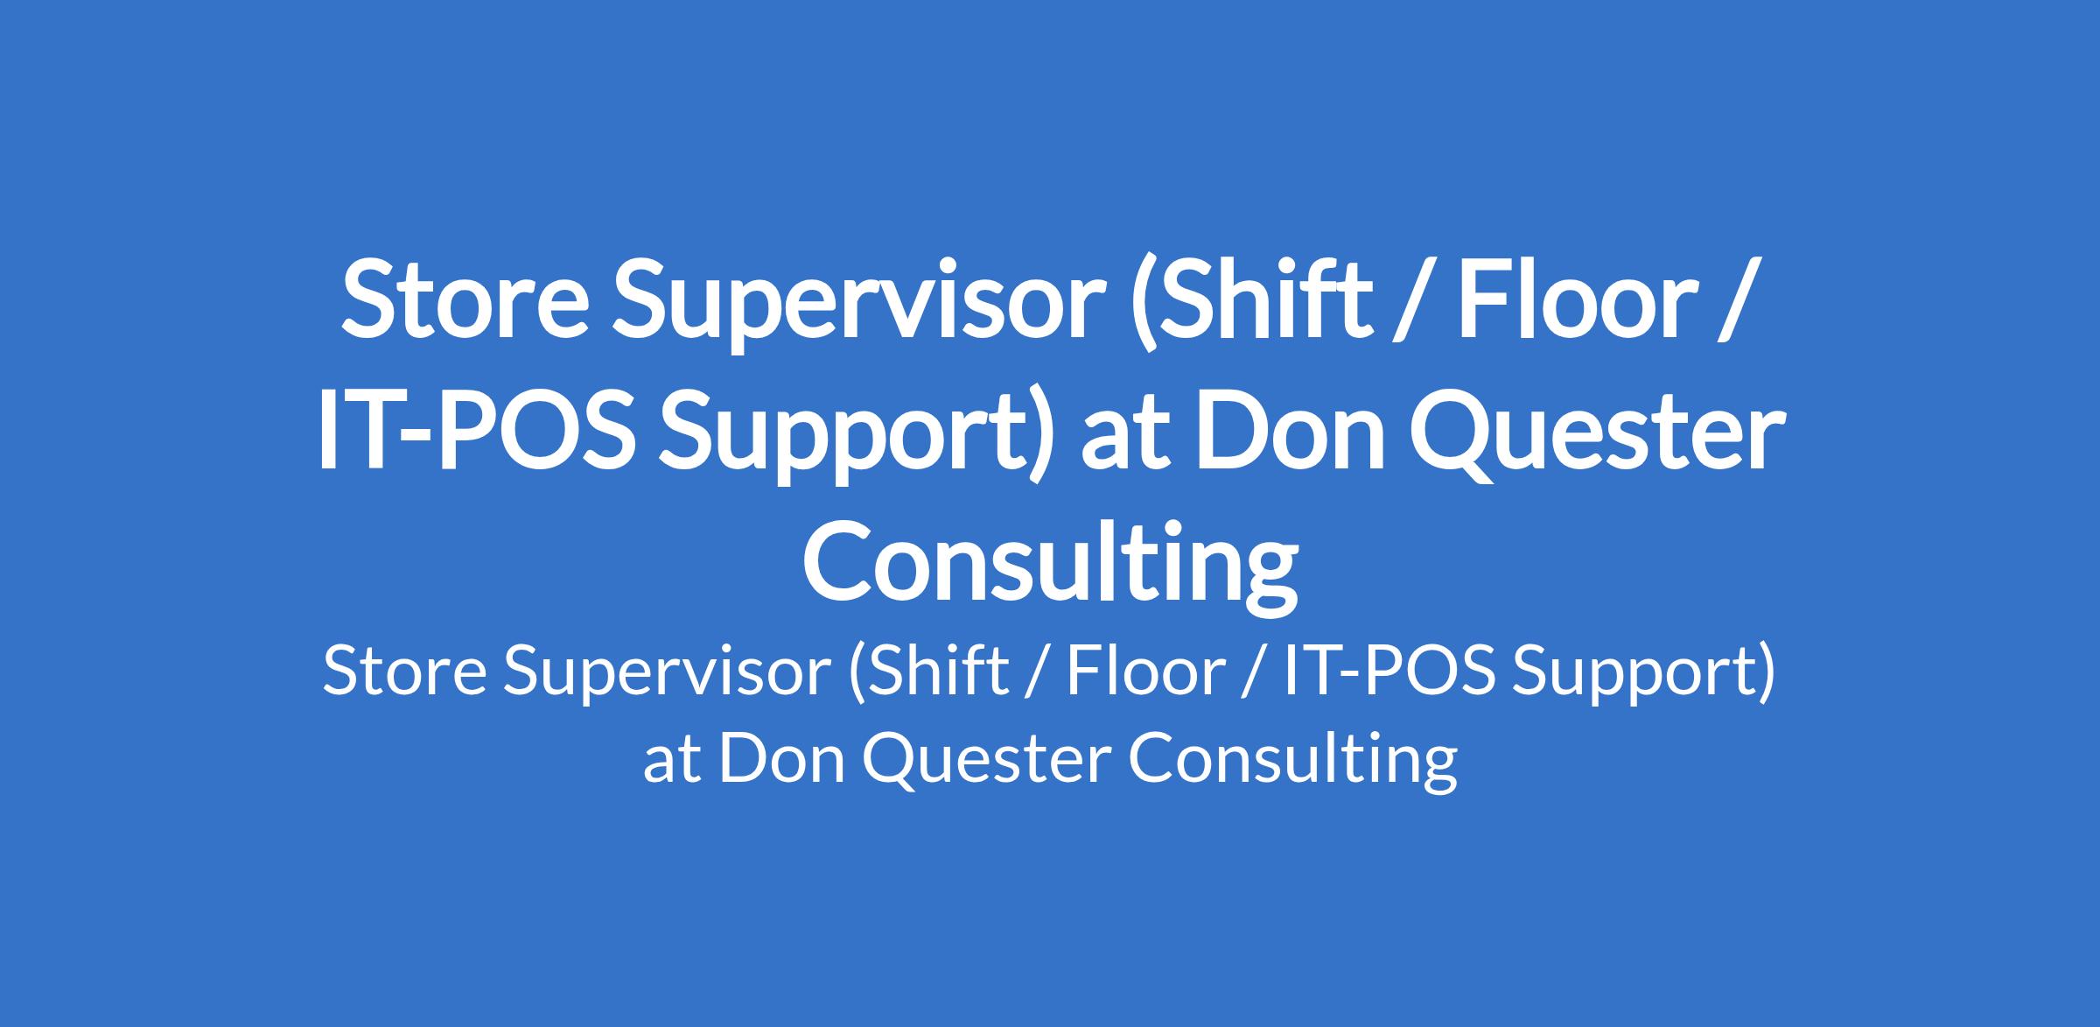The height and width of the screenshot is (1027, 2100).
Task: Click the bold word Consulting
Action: coord(1050,570)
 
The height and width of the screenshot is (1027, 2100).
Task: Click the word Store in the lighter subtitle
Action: coord(404,672)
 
